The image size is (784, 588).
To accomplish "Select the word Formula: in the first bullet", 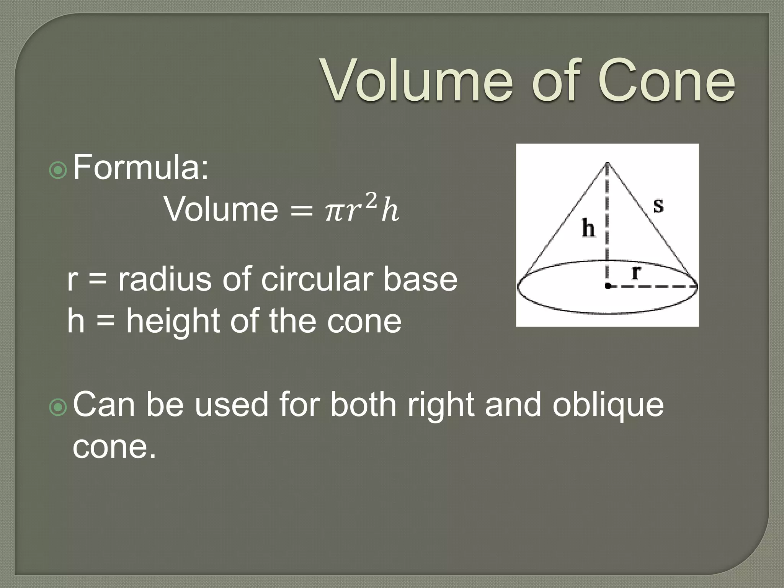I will [141, 167].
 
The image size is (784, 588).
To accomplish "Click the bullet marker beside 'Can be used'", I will [58, 408].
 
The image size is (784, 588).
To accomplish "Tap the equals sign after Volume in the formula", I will [302, 212].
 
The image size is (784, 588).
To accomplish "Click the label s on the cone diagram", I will [658, 206].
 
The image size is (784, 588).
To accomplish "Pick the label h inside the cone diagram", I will [588, 229].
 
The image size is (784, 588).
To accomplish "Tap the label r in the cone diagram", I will [636, 273].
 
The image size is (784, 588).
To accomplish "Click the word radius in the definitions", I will [165, 279].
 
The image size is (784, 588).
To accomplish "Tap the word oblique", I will [608, 405].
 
